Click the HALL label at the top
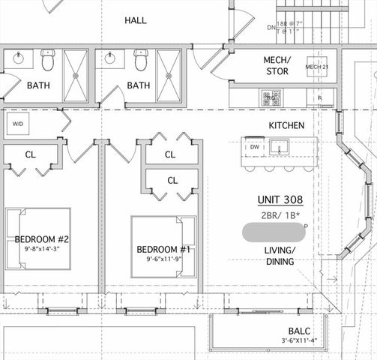(135, 20)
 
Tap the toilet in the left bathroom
(48, 60)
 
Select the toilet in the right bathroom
(140, 60)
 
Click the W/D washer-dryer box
(18, 123)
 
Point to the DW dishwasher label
(254, 147)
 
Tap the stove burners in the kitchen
(270, 97)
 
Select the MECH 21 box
(316, 67)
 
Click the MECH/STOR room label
(277, 66)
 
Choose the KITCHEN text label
(286, 125)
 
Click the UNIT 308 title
(279, 200)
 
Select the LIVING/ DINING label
(279, 256)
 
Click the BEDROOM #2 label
(42, 240)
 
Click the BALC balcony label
(299, 331)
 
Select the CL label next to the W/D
(31, 154)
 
